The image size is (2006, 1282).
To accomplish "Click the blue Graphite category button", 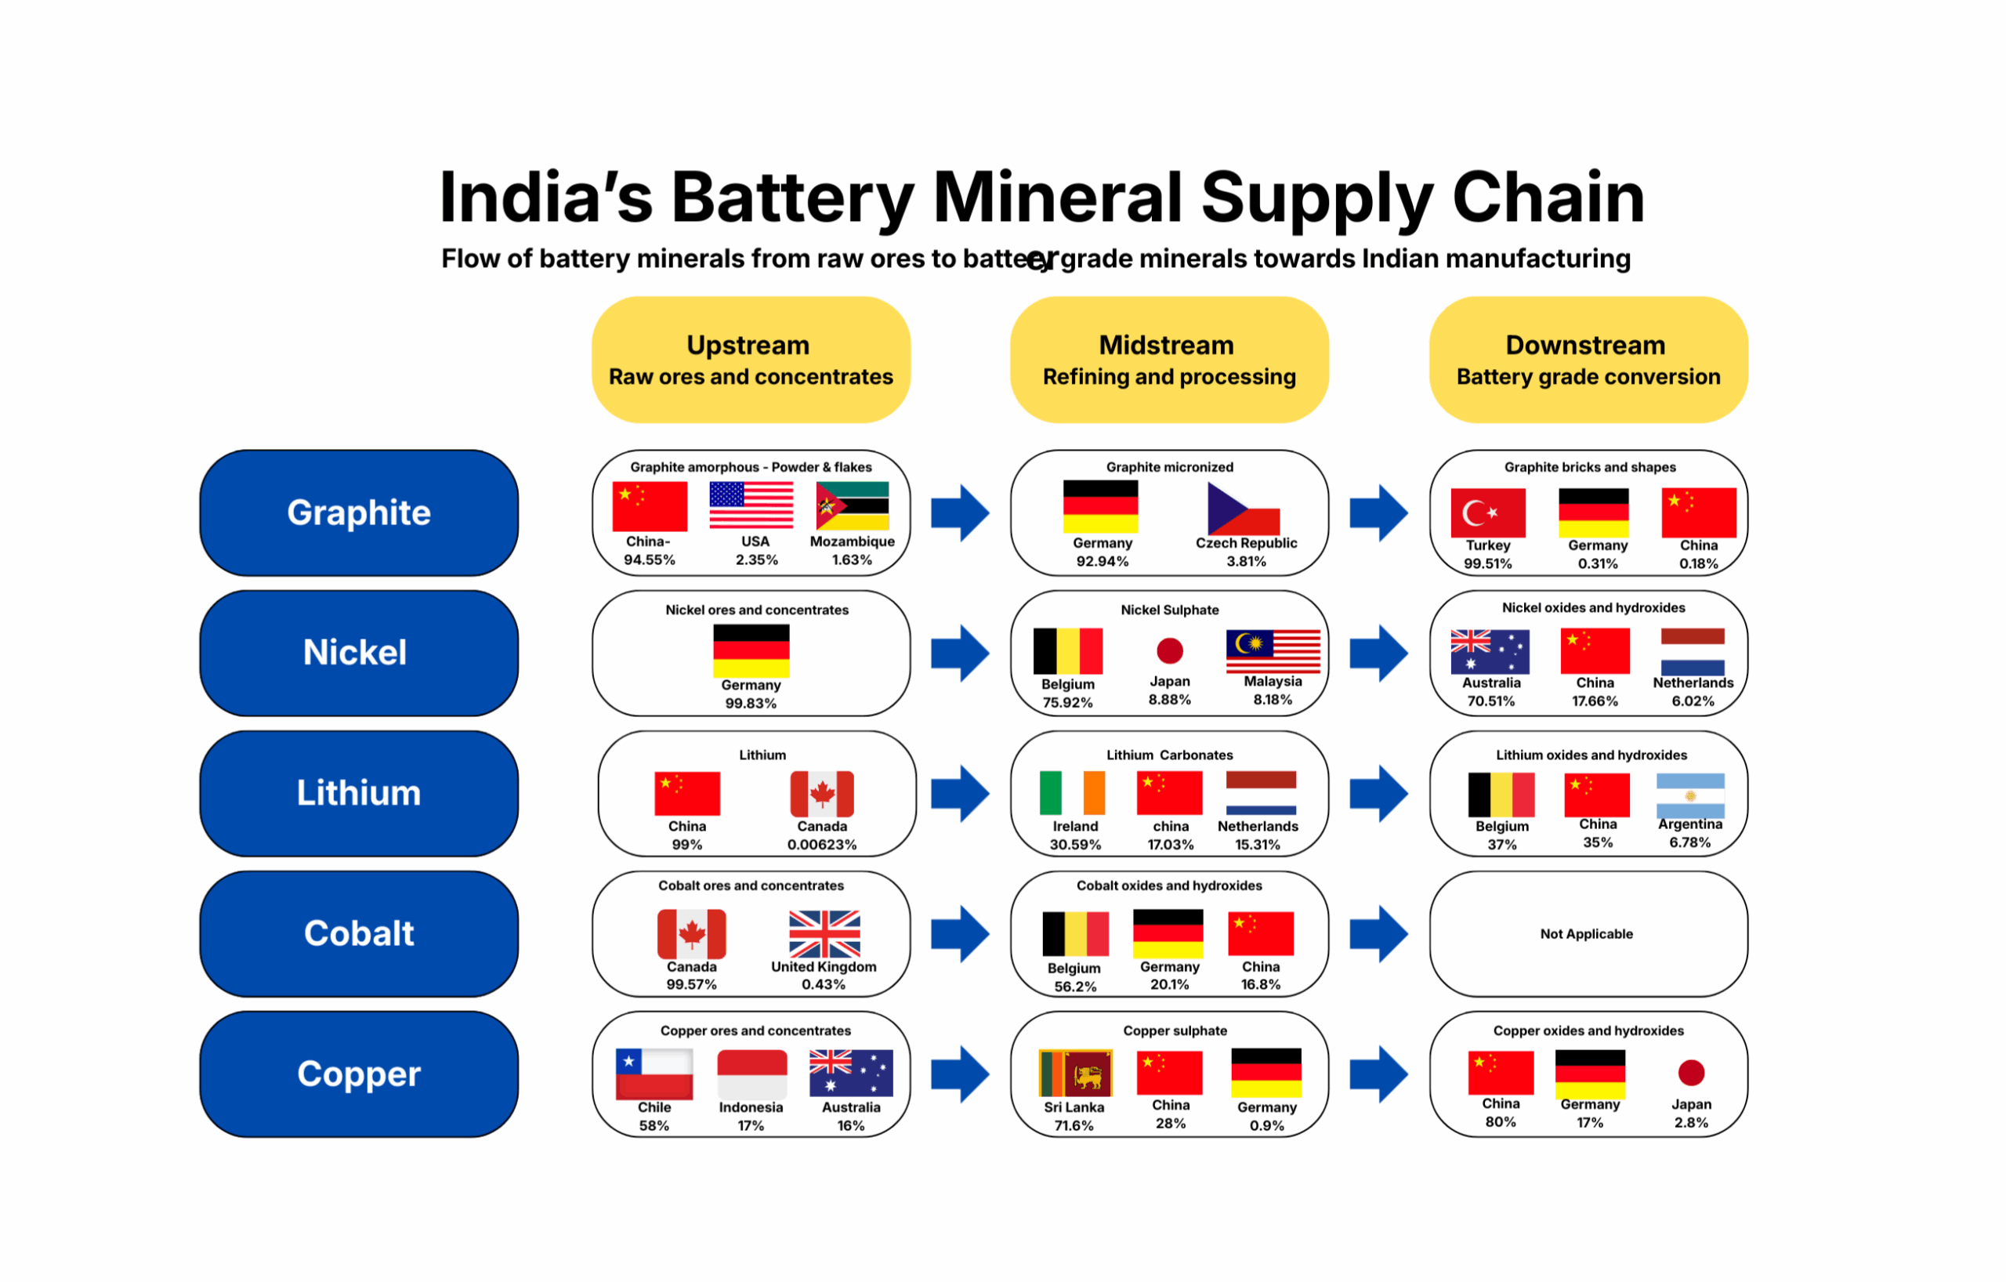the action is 359,513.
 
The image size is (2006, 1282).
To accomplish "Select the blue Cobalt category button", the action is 359,934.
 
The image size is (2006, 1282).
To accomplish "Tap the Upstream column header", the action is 751,360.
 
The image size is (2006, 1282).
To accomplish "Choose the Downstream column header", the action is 1588,360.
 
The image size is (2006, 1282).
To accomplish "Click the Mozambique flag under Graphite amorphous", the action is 853,505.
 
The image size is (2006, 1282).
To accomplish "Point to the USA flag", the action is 751,505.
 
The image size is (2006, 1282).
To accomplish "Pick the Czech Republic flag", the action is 1244,508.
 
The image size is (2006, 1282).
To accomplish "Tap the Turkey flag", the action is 1488,513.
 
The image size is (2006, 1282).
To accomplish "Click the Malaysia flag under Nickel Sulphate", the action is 1273,651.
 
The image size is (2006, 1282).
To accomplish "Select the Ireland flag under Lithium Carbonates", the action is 1073,793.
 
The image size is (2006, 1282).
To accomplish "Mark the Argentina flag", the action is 1690,795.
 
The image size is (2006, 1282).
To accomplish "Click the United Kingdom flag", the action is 824,934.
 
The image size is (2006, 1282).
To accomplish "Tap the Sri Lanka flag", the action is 1075,1073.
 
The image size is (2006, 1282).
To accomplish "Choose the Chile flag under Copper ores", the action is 654,1074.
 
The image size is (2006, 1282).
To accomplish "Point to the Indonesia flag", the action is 752,1074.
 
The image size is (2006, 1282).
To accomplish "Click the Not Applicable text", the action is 1586,934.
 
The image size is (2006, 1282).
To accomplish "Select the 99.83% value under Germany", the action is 751,703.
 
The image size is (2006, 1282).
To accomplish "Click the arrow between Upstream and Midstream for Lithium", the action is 961,793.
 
